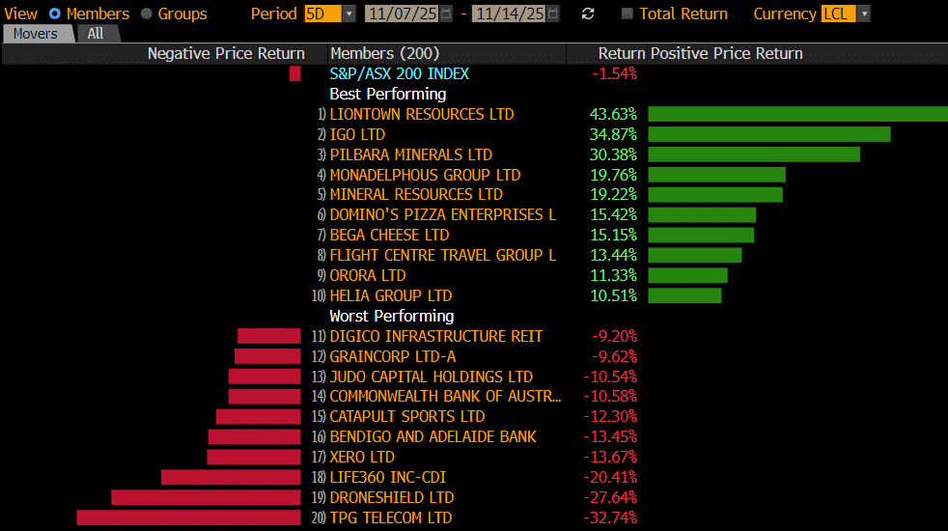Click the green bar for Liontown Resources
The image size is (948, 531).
[x=797, y=114]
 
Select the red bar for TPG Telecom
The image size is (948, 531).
[x=188, y=517]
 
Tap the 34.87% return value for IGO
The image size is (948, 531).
[x=613, y=134]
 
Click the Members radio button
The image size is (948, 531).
[x=54, y=14]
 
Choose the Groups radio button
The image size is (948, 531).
[x=147, y=14]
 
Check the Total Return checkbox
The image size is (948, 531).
[x=627, y=14]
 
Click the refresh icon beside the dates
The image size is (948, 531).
[x=588, y=14]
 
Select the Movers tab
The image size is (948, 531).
[x=35, y=34]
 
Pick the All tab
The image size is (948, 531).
[x=96, y=34]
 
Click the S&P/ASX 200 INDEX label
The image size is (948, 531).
[x=400, y=73]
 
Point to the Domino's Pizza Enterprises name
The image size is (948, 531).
[x=442, y=214]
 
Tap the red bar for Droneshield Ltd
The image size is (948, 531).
[x=206, y=497]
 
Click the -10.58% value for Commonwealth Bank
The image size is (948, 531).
[x=610, y=396]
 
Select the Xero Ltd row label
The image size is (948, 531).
[x=362, y=457]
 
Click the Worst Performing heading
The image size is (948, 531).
[x=392, y=316]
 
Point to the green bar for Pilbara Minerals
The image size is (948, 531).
[x=753, y=154]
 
